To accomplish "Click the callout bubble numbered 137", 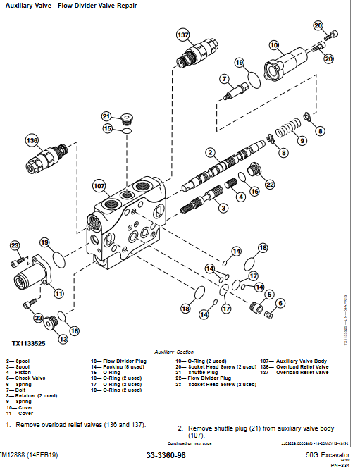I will click(182, 35).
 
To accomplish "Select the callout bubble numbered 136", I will click(32, 140).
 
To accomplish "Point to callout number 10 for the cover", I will click(274, 45).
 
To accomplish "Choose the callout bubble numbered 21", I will click(106, 116).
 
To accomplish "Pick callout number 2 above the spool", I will click(209, 152).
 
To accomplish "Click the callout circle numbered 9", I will click(302, 140).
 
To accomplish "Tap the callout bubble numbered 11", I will click(59, 293).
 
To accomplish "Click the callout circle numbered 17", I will click(226, 308).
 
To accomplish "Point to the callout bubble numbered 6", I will click(280, 303).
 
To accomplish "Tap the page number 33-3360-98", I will click(166, 457).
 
